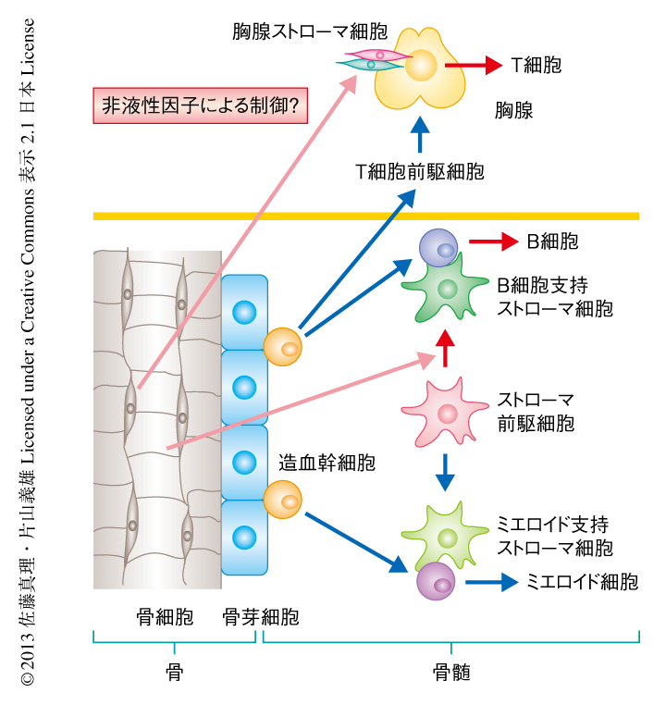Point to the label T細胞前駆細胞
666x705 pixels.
pos(419,171)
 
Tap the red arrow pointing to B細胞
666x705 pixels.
pos(492,242)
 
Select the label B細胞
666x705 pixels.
pos(552,242)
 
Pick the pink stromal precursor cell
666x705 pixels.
pos(446,407)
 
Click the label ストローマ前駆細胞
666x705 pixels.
pos(536,413)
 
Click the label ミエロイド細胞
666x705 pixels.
pos(582,582)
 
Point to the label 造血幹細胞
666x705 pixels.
pos(327,463)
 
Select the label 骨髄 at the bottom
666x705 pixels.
pos(451,674)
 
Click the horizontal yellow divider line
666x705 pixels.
pos(366,216)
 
